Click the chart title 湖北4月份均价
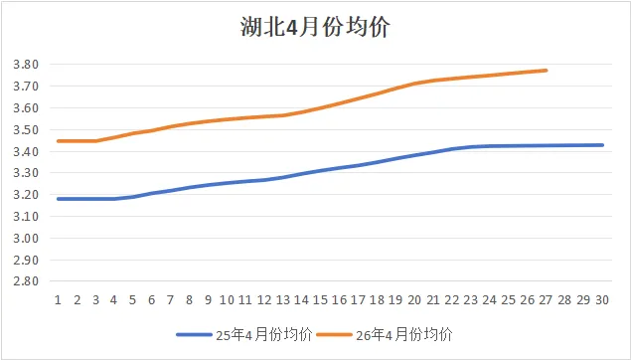point(315,27)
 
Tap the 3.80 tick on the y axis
point(26,65)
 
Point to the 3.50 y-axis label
point(26,130)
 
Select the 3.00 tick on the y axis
point(26,238)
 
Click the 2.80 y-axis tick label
point(26,281)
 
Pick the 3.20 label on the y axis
point(26,195)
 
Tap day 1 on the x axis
point(58,300)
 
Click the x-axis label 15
point(320,300)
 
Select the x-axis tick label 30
point(602,300)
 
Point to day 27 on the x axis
point(546,300)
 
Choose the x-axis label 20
point(414,300)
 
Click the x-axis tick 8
point(189,300)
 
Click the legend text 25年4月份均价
point(264,334)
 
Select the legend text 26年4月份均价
point(404,334)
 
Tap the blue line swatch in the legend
point(194,334)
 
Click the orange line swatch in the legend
point(335,334)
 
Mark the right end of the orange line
point(547,71)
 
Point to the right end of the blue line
point(602,145)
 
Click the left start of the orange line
point(59,141)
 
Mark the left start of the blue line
point(59,199)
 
